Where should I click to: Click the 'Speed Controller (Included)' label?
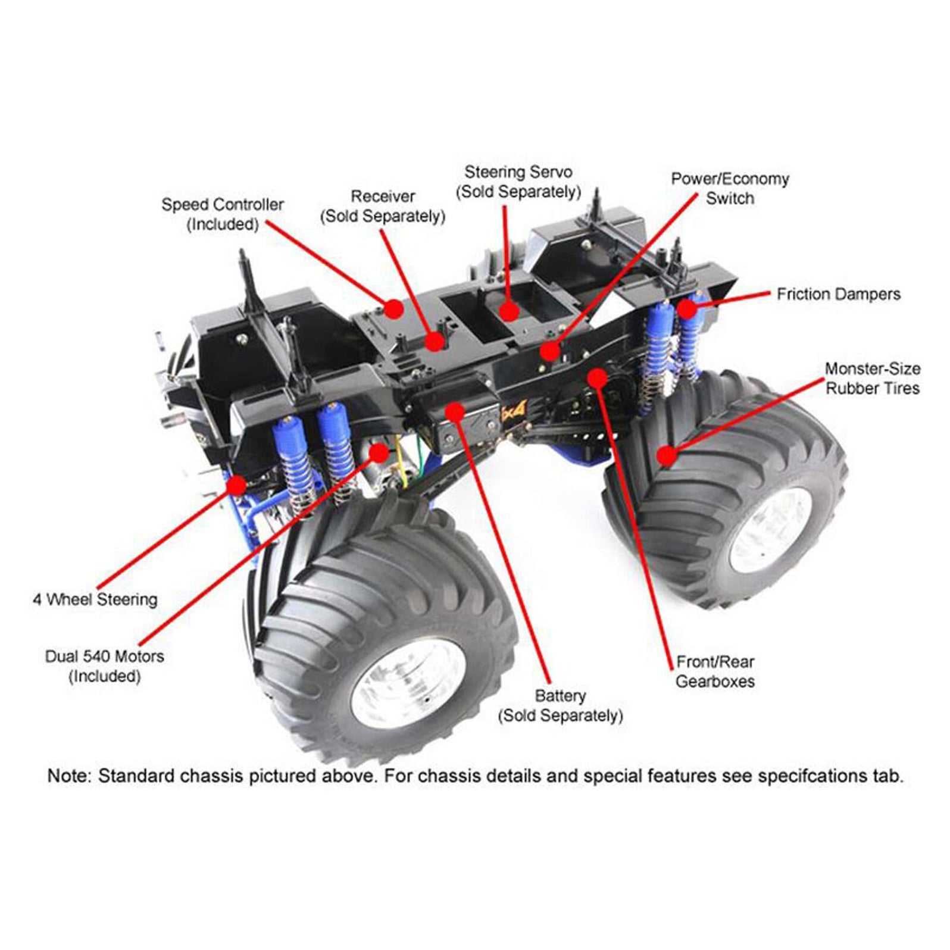pos(223,214)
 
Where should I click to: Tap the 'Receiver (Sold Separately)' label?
pos(383,206)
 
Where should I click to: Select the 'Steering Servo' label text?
pos(518,173)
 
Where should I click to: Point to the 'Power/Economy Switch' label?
pos(730,189)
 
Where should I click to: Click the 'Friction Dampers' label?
pos(838,294)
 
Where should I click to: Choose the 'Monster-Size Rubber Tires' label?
pos(872,379)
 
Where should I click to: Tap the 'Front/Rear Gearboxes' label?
pos(715,671)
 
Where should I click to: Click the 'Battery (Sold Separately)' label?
pos(560,705)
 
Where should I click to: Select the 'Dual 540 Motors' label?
pos(105,657)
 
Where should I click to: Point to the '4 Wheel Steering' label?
pos(95,599)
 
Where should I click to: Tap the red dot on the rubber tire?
pos(667,456)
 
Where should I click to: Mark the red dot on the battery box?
pos(455,411)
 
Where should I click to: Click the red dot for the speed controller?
pos(393,308)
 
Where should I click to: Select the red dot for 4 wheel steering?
pos(237,485)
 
